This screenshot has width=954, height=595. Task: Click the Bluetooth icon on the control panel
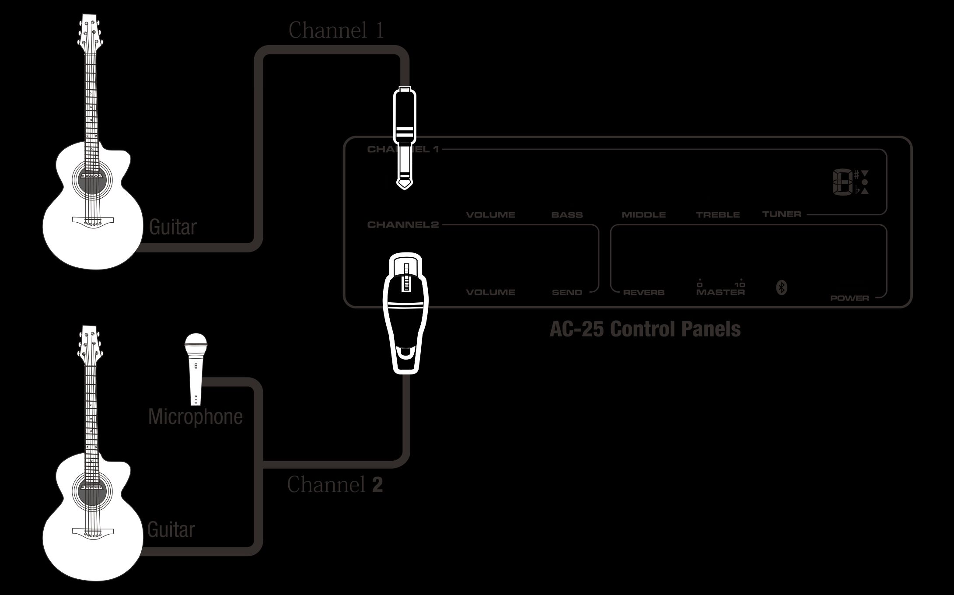(782, 287)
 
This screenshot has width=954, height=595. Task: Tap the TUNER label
(782, 214)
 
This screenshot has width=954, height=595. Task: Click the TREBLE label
(718, 215)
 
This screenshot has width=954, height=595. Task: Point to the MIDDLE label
(643, 215)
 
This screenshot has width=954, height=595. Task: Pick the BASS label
(567, 215)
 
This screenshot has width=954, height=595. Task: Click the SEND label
(567, 292)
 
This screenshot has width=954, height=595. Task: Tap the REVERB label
(643, 292)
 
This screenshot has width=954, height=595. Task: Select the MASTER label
(720, 292)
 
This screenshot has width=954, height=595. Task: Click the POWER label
(849, 298)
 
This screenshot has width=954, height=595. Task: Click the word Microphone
(195, 416)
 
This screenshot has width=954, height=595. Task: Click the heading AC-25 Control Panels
(645, 329)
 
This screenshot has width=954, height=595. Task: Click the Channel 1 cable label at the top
(336, 30)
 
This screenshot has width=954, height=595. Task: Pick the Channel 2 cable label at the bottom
(335, 484)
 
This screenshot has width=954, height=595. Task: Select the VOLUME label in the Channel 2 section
(490, 292)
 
